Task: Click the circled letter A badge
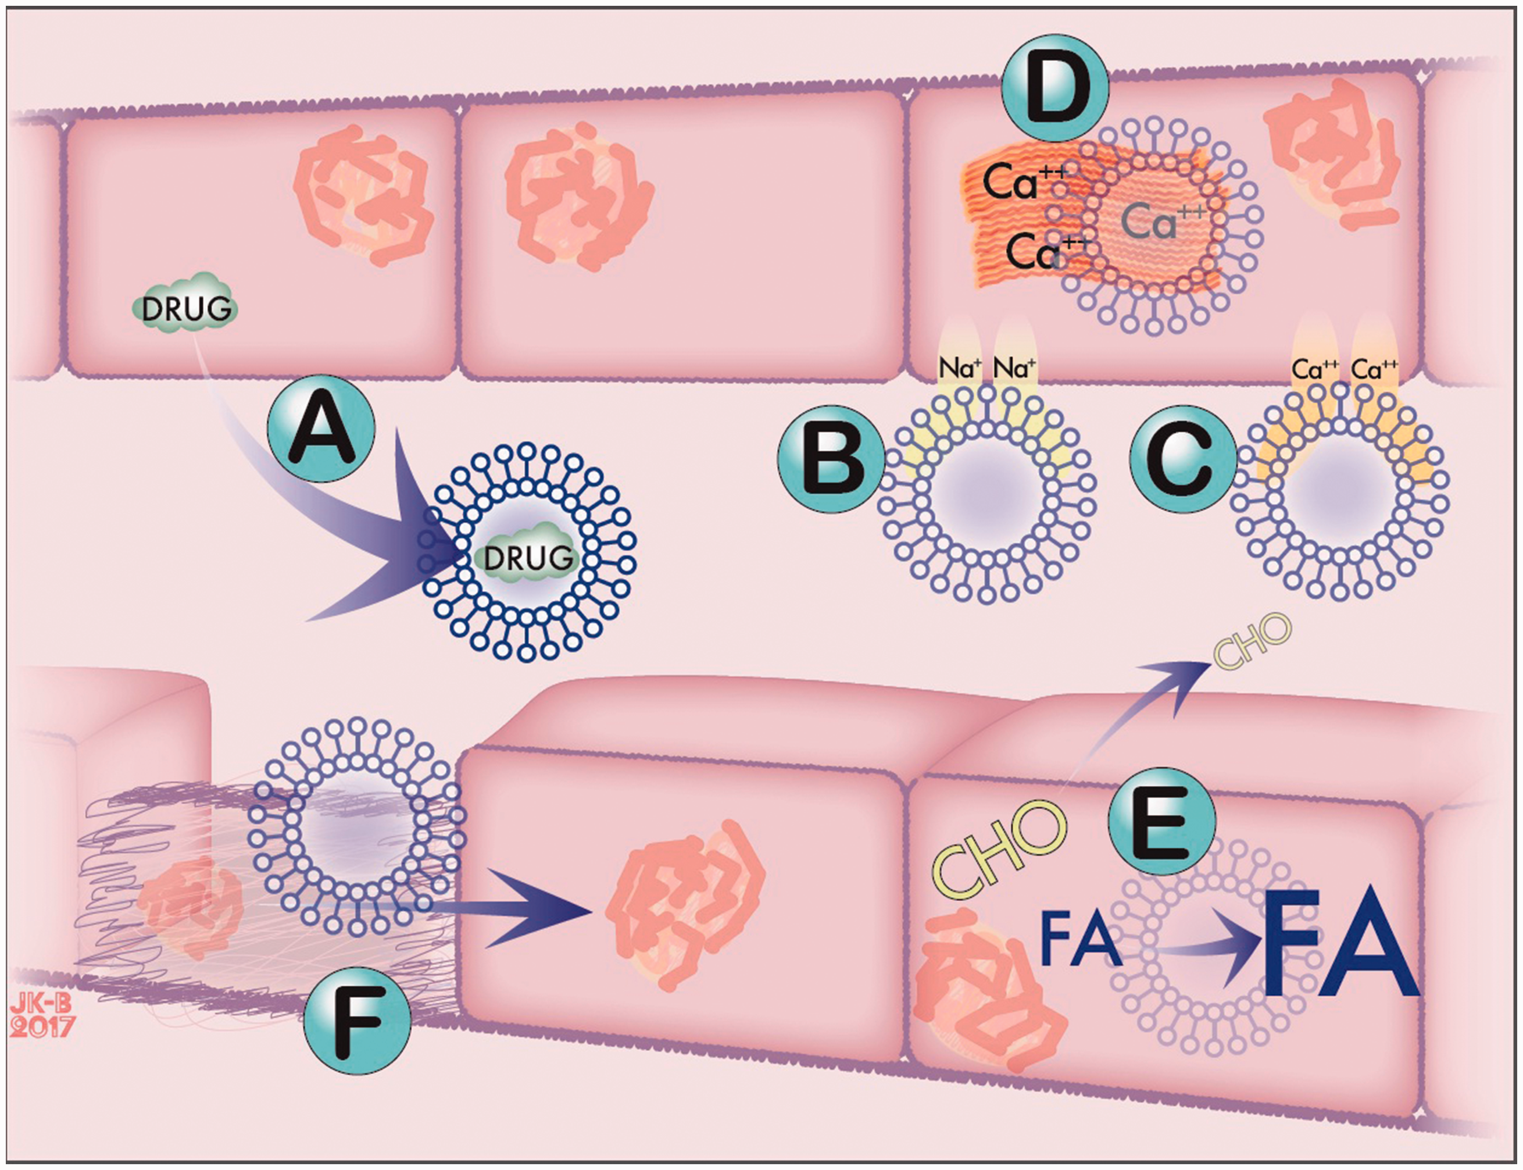click(321, 429)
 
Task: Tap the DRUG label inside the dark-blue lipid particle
click(528, 558)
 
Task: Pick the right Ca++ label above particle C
click(1375, 369)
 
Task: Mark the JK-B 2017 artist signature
click(41, 1014)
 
